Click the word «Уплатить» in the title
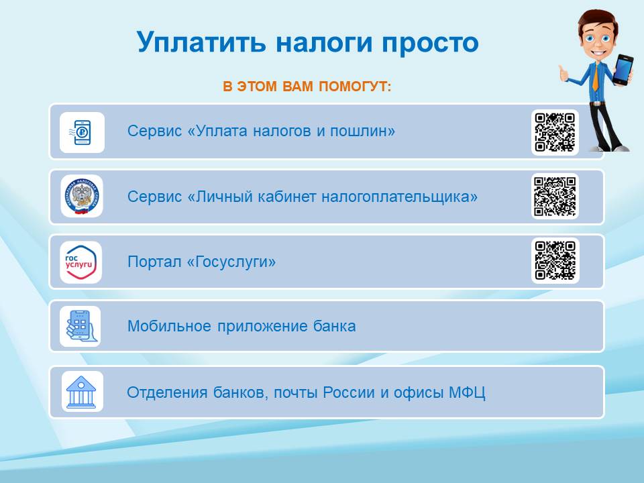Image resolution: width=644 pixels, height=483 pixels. point(201,43)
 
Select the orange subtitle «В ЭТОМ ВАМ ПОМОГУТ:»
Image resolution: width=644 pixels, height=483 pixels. point(307,87)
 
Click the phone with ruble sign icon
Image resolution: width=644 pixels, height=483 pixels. point(82,133)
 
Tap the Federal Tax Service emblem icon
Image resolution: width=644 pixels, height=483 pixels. point(82,197)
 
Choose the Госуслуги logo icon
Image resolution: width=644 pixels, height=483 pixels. point(81,262)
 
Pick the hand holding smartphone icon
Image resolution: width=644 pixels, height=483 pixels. point(80,326)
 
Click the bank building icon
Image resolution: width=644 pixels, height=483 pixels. point(82,391)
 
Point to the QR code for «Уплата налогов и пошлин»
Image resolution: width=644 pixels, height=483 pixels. point(555,132)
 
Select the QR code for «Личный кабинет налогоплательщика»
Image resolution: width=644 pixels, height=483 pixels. point(555,197)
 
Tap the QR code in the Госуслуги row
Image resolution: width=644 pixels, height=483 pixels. point(555,260)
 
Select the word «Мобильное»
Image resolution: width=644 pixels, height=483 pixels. point(169,326)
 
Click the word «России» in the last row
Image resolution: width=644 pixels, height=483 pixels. point(349,392)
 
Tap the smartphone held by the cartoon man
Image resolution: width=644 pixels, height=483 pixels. point(623,69)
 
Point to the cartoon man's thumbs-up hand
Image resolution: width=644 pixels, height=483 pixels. point(564,73)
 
